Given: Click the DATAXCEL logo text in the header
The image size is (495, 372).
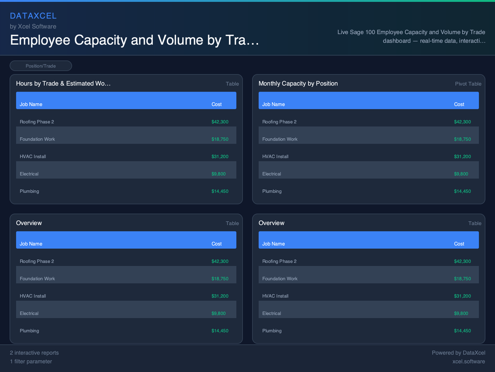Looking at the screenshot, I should point(33,16).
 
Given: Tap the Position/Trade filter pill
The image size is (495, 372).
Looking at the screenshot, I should point(41,66).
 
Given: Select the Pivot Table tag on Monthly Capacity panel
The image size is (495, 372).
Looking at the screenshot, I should point(468,84).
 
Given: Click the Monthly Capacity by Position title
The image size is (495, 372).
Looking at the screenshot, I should point(298,83).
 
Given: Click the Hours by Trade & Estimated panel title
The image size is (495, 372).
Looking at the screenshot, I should point(63,83).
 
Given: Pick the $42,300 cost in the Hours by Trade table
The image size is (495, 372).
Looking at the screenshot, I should point(220,122).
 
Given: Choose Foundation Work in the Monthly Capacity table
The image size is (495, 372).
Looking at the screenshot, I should point(279,139).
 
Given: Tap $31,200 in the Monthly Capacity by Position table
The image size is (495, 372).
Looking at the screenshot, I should point(462,156).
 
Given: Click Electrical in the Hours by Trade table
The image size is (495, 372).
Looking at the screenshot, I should point(29,174).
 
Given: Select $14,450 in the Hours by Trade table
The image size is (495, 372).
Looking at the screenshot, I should point(220,191).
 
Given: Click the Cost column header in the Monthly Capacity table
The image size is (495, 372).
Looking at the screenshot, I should point(459,104).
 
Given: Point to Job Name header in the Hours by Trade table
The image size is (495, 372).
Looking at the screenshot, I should point(31,104).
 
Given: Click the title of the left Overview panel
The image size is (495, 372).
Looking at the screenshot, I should point(29,223).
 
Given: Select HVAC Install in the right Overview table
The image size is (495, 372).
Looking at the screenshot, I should point(275,296).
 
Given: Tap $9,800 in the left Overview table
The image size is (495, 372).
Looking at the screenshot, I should point(218,313).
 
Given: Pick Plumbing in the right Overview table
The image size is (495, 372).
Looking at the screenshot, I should point(272,331).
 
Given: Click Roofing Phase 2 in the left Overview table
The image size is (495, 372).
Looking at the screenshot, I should point(37,261).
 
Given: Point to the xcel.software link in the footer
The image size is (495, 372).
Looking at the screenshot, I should point(468,361).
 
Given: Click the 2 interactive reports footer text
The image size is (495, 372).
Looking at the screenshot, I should point(34,353).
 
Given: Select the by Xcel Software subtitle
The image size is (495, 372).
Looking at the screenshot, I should point(33,26).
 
